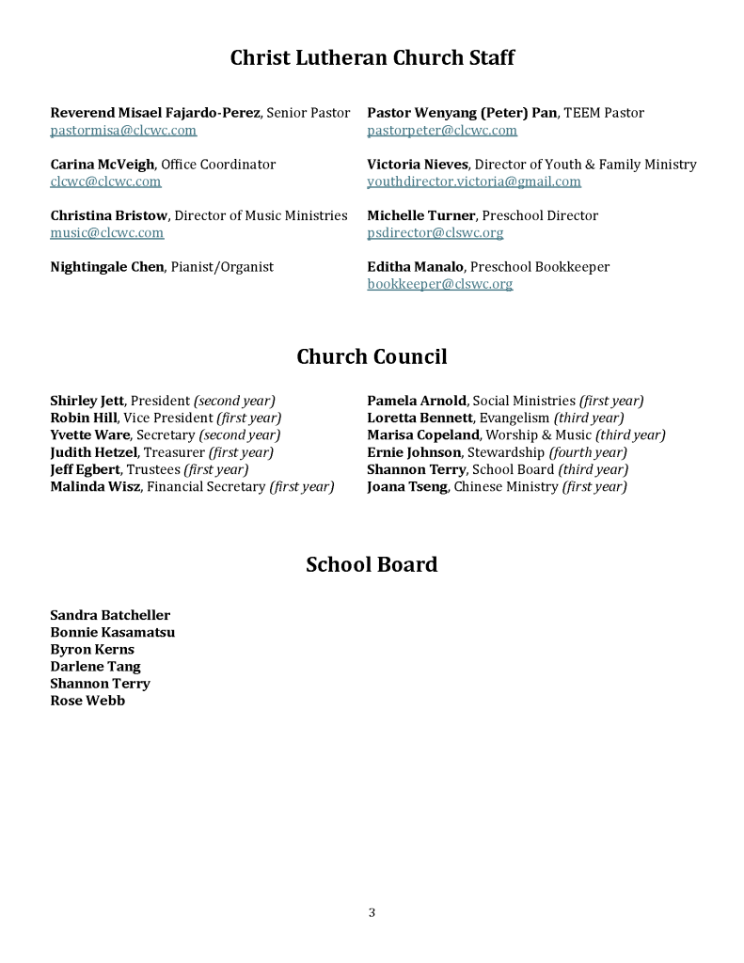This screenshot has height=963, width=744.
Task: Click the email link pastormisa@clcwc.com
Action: pos(123,131)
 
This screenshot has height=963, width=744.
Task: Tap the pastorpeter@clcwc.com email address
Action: pos(442,131)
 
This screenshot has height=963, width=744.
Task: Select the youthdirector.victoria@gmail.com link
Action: pos(474,182)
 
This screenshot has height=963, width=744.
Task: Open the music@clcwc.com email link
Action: pos(107,233)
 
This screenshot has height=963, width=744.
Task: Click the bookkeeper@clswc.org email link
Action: pos(440,284)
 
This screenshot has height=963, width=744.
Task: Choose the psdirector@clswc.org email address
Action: pos(435,233)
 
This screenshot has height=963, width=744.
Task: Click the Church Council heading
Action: pos(372,357)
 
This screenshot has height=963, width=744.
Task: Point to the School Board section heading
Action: pos(372,565)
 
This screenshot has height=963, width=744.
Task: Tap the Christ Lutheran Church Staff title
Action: pos(372,58)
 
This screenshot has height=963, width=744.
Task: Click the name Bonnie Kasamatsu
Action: pos(112,633)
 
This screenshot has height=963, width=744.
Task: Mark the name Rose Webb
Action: pos(87,701)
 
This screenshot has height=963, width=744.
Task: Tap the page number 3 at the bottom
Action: pos(372,912)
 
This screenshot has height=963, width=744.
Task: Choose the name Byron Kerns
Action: pos(92,650)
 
